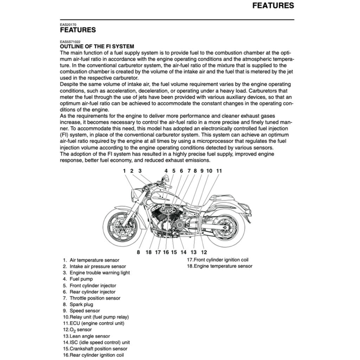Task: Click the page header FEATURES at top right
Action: coord(273,6)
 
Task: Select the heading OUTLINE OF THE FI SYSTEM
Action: coord(97,46)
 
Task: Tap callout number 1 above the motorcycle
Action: coord(124,171)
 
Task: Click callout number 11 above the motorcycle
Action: coord(219,171)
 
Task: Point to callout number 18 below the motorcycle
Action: coord(148,252)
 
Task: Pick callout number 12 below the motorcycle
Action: coord(204,252)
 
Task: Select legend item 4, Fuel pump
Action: coord(81,279)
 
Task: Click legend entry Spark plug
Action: coord(81,304)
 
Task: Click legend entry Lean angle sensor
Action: coord(90,336)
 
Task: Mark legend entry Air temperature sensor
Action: coord(94,260)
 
